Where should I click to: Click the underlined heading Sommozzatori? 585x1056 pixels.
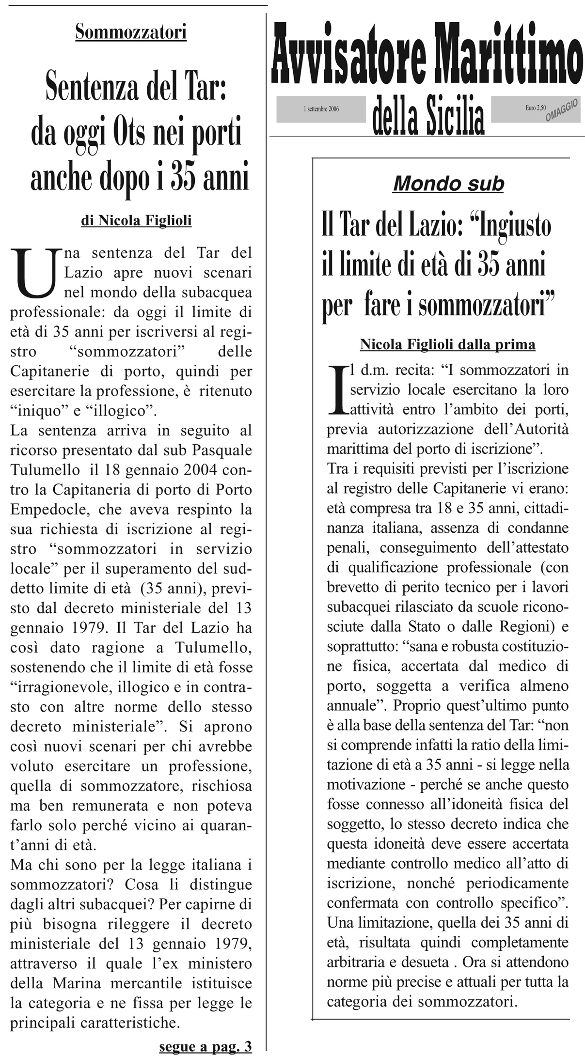[x=131, y=32]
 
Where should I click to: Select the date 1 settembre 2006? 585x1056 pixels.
[x=321, y=109]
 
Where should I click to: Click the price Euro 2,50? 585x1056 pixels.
[x=535, y=108]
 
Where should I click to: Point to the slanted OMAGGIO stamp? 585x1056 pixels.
[x=562, y=111]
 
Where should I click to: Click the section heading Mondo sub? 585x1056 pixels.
[x=448, y=184]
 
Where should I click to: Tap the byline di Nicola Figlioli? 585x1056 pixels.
[x=136, y=221]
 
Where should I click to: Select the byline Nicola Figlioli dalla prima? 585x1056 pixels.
[x=447, y=344]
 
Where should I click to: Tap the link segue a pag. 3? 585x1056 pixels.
[x=206, y=1046]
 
